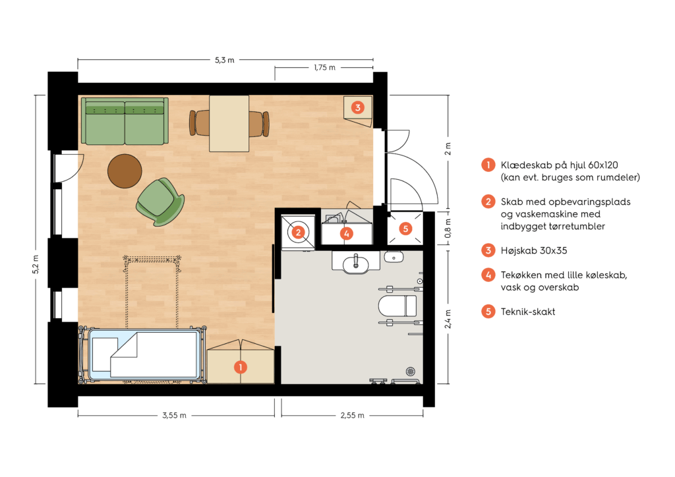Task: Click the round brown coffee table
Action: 125,171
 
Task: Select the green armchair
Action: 160,202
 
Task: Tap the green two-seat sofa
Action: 125,121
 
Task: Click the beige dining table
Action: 229,123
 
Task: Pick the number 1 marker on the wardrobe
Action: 241,367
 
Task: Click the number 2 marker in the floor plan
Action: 299,233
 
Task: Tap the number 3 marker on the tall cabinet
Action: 358,107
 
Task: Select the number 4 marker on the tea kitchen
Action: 347,233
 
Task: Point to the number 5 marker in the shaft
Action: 405,229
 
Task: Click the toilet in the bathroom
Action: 397,306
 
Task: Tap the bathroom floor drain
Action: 411,371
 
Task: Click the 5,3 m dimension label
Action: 225,60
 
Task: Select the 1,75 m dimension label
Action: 324,67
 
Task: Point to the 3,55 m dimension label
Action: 174,416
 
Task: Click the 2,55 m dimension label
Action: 353,416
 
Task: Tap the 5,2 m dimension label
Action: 36,264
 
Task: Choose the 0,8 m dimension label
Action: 448,229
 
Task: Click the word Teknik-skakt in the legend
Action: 528,312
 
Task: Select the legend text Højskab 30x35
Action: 534,251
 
